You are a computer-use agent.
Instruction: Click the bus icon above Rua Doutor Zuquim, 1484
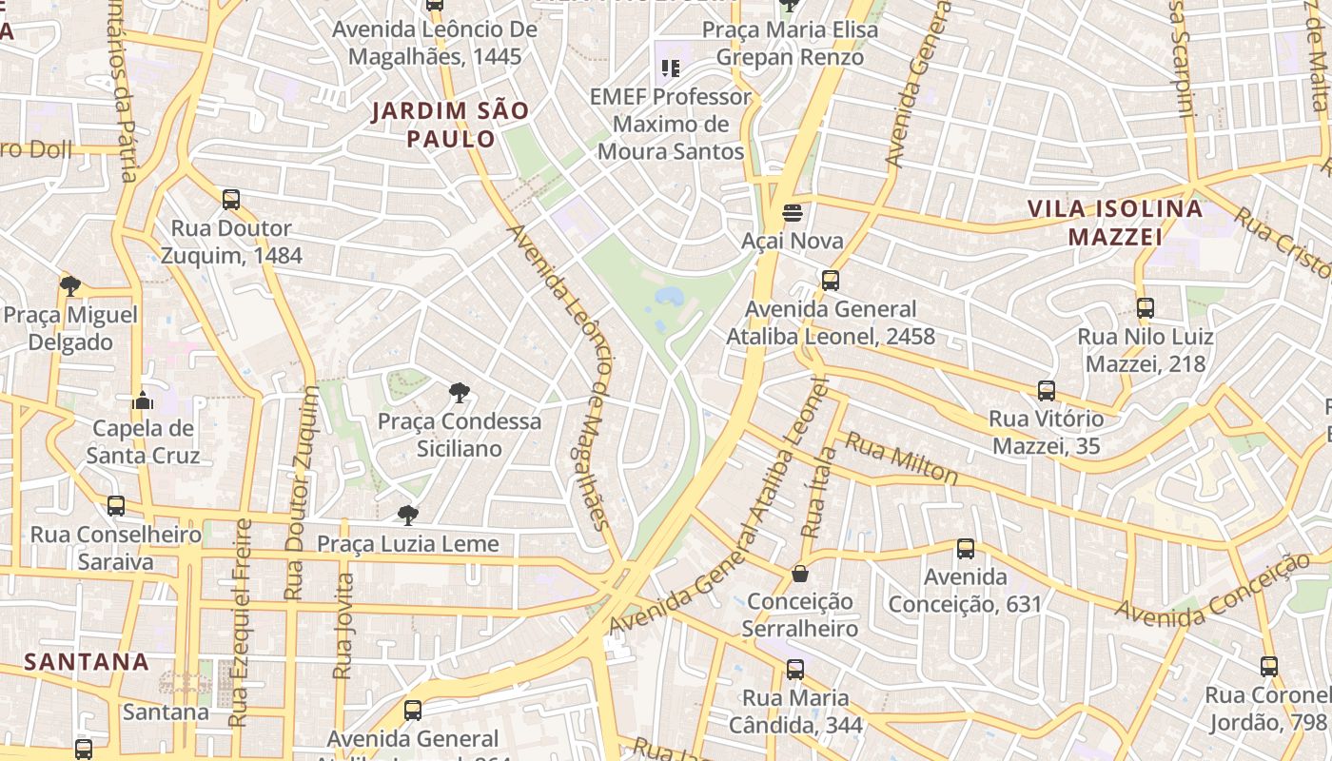[x=231, y=200]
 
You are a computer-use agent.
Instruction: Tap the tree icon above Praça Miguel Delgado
[x=69, y=285]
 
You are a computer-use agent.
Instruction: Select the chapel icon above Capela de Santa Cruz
[x=143, y=400]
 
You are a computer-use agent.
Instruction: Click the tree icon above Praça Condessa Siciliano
[x=460, y=392]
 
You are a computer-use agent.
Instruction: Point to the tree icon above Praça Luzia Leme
[x=408, y=516]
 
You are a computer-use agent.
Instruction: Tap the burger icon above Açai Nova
[x=793, y=211]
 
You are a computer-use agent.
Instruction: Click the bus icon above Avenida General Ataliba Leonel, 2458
[x=831, y=281]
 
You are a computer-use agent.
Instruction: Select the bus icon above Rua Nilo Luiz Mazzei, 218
[x=1146, y=308]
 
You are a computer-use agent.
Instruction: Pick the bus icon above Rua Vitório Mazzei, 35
[x=1047, y=390]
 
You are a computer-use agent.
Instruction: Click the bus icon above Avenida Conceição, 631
[x=966, y=549]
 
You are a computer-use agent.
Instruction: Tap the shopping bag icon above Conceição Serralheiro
[x=800, y=574]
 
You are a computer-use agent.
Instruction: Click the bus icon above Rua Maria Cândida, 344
[x=795, y=670]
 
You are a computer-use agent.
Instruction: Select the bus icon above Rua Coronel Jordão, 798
[x=1269, y=667]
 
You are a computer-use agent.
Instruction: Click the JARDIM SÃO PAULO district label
[x=450, y=125]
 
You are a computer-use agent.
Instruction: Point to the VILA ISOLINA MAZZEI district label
[x=1115, y=223]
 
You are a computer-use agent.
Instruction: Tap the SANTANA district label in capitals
[x=87, y=661]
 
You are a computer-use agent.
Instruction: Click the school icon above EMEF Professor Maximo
[x=671, y=68]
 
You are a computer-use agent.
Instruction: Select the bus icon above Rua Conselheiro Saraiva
[x=116, y=506]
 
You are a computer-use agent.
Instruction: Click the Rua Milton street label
[x=901, y=458]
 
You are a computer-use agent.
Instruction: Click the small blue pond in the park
[x=668, y=297]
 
